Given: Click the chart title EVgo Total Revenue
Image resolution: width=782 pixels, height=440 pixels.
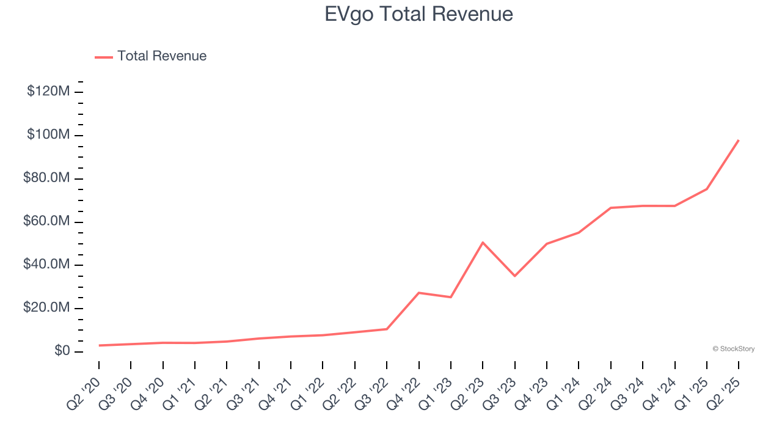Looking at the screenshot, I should pos(418,13).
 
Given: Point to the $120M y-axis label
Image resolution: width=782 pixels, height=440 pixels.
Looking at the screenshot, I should pos(48,92).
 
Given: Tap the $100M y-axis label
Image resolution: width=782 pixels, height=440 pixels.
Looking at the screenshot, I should pos(48,135).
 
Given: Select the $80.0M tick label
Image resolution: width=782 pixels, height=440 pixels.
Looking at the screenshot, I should pos(46,178).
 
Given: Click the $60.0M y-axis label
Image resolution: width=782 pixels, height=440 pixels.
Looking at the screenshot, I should pos(46,221).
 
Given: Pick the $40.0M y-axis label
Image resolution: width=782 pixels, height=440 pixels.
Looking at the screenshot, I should pos(46,265).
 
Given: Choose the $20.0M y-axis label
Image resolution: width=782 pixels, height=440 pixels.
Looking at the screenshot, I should pos(46,308).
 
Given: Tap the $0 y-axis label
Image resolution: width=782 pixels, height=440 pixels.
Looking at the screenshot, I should pos(60,351).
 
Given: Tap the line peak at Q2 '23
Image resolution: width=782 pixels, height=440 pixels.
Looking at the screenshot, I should pos(483,243).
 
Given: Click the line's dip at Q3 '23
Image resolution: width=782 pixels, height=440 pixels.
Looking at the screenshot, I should pos(514,276).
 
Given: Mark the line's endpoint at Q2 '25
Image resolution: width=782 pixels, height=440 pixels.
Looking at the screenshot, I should pos(739,140).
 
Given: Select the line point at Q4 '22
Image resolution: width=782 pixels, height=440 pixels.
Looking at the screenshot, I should pos(418,293).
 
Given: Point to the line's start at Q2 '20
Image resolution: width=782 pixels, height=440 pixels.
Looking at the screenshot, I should pos(99,345).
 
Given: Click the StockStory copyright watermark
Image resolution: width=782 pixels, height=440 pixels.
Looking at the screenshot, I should pos(733,349).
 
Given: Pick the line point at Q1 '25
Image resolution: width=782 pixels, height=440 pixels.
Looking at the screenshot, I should pos(707,189).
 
